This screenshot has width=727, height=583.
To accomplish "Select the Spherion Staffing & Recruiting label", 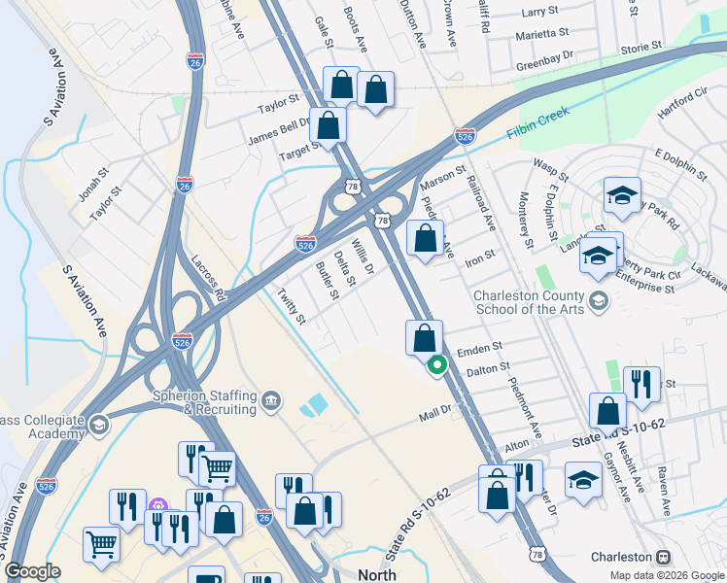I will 205,402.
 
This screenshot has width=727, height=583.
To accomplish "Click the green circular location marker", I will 437,365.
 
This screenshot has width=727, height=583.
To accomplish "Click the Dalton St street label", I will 488,368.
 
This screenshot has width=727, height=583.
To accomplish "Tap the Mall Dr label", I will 436,413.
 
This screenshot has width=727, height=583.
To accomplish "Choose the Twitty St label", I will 291,306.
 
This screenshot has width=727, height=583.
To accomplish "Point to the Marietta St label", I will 542,32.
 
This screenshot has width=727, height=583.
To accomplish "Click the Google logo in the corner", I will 33,571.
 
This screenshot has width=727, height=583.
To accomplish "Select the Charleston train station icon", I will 665,558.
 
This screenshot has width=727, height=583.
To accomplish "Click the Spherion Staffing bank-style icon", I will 271,399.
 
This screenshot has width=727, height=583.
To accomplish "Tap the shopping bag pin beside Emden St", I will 424,338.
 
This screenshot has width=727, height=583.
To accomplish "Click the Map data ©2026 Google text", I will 666,575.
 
